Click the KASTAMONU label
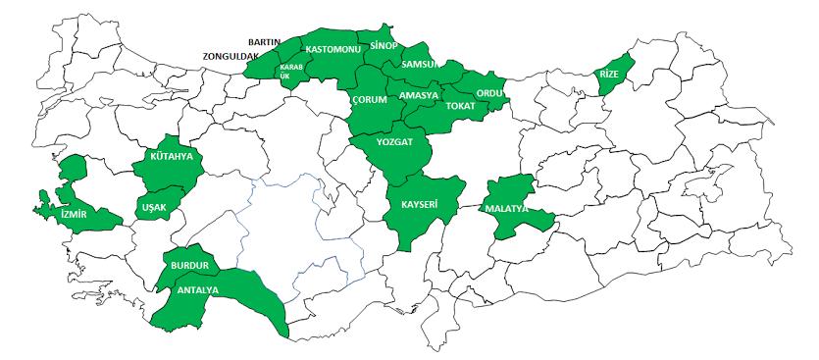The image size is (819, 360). point(333,48)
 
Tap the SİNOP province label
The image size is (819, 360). point(383,45)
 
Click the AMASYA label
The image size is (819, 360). point(419,95)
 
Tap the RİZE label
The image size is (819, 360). point(609,74)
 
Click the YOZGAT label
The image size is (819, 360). point(395,141)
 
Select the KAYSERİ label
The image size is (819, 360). point(419,205)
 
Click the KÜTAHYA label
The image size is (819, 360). point(171,156)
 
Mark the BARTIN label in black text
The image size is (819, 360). point(265,42)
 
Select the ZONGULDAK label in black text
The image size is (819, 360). point(230,57)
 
